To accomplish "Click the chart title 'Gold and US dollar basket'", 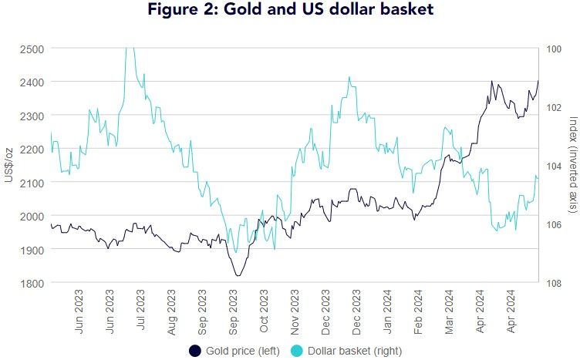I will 289,12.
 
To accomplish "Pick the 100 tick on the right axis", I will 554,49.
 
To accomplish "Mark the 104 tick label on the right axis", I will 554,166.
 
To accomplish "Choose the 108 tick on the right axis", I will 554,283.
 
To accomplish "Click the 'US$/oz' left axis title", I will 8,166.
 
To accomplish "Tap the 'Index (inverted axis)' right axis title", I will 572,166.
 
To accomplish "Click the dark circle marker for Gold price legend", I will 195,351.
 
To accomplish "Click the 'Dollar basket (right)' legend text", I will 353,351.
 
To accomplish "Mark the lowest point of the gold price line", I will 238,275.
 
